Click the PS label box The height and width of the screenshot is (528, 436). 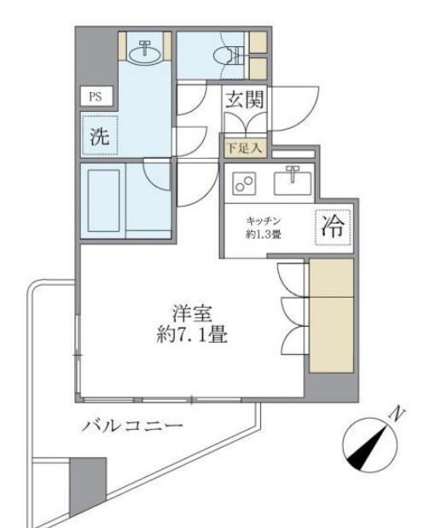click(95, 96)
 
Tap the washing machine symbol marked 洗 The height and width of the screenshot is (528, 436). click(99, 136)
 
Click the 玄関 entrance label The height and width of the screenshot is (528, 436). click(244, 99)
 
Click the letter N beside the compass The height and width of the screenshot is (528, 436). click(395, 415)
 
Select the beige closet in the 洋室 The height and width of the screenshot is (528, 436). click(330, 316)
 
